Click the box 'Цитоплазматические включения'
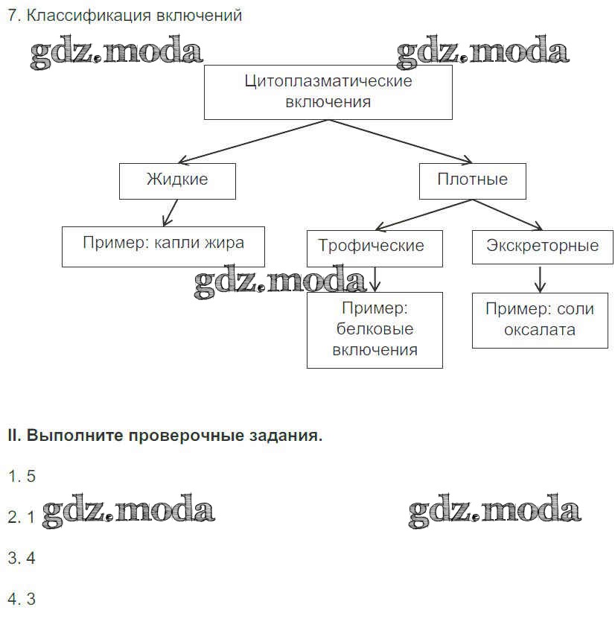click(x=328, y=92)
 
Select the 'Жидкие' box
click(x=177, y=180)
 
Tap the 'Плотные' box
click(x=472, y=180)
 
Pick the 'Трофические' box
click(x=374, y=247)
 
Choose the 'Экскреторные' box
click(x=542, y=247)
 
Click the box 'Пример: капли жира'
click(x=162, y=246)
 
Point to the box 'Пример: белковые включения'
click(x=375, y=329)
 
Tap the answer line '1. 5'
click(x=22, y=477)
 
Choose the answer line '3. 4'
click(x=22, y=558)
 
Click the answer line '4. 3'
click(x=22, y=599)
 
